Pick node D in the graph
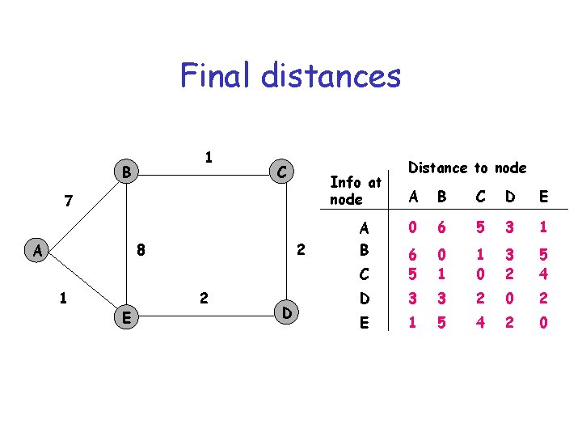[287, 312]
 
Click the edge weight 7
[70, 199]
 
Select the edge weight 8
[141, 250]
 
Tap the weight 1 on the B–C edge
[209, 157]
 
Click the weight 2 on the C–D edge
[300, 250]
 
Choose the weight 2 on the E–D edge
[204, 298]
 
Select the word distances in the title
[331, 76]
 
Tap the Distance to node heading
[467, 168]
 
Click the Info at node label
[355, 191]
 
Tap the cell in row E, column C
[480, 322]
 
